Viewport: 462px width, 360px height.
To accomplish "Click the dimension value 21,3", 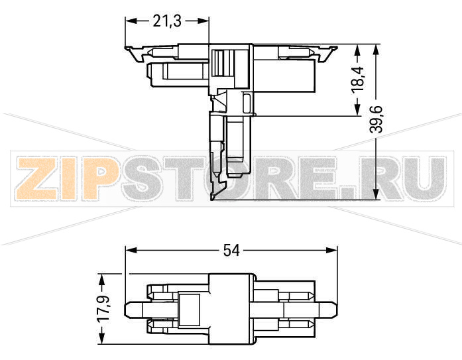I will pos(167,21).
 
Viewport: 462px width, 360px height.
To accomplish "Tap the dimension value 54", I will pos(231,250).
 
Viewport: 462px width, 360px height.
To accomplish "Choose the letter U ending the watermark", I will pos(422,180).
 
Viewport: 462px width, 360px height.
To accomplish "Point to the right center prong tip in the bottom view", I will pos(335,309).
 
